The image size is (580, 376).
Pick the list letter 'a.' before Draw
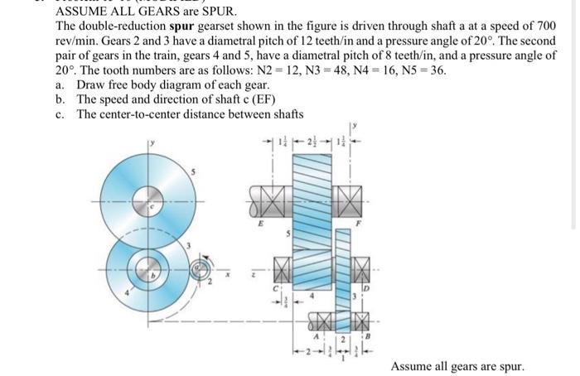tap(60, 84)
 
